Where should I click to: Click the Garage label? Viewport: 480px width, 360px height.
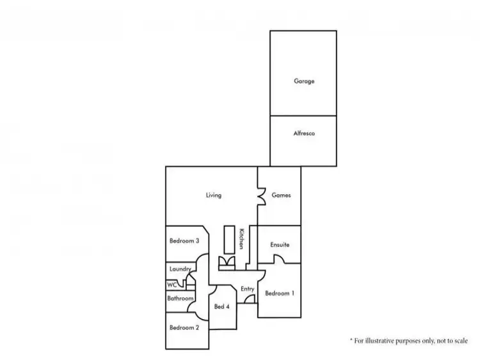(x=304, y=82)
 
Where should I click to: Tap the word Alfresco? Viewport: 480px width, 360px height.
(x=304, y=134)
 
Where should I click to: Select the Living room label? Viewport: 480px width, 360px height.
(x=214, y=195)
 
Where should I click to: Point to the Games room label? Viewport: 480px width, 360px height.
(x=282, y=195)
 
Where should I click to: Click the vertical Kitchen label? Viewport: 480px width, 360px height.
(x=242, y=239)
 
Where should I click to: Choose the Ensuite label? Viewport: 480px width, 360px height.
(x=280, y=245)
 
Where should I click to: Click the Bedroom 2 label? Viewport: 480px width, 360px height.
(x=184, y=327)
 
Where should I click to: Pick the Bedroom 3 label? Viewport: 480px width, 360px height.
(x=184, y=241)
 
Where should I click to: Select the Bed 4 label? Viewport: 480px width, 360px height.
(x=222, y=306)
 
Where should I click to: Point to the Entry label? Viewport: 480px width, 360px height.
(x=248, y=289)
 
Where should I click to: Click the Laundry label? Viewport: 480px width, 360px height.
(x=180, y=269)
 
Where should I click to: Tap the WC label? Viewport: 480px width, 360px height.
(x=172, y=285)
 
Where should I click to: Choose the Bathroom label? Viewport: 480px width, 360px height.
(x=180, y=299)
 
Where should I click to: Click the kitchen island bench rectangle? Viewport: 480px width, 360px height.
(x=228, y=240)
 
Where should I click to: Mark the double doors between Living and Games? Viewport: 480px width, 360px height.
(x=262, y=196)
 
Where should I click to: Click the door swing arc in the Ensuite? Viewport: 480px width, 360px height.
(x=280, y=260)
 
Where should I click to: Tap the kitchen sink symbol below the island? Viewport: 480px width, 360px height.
(x=227, y=262)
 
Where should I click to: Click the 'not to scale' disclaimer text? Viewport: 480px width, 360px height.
(x=409, y=341)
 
